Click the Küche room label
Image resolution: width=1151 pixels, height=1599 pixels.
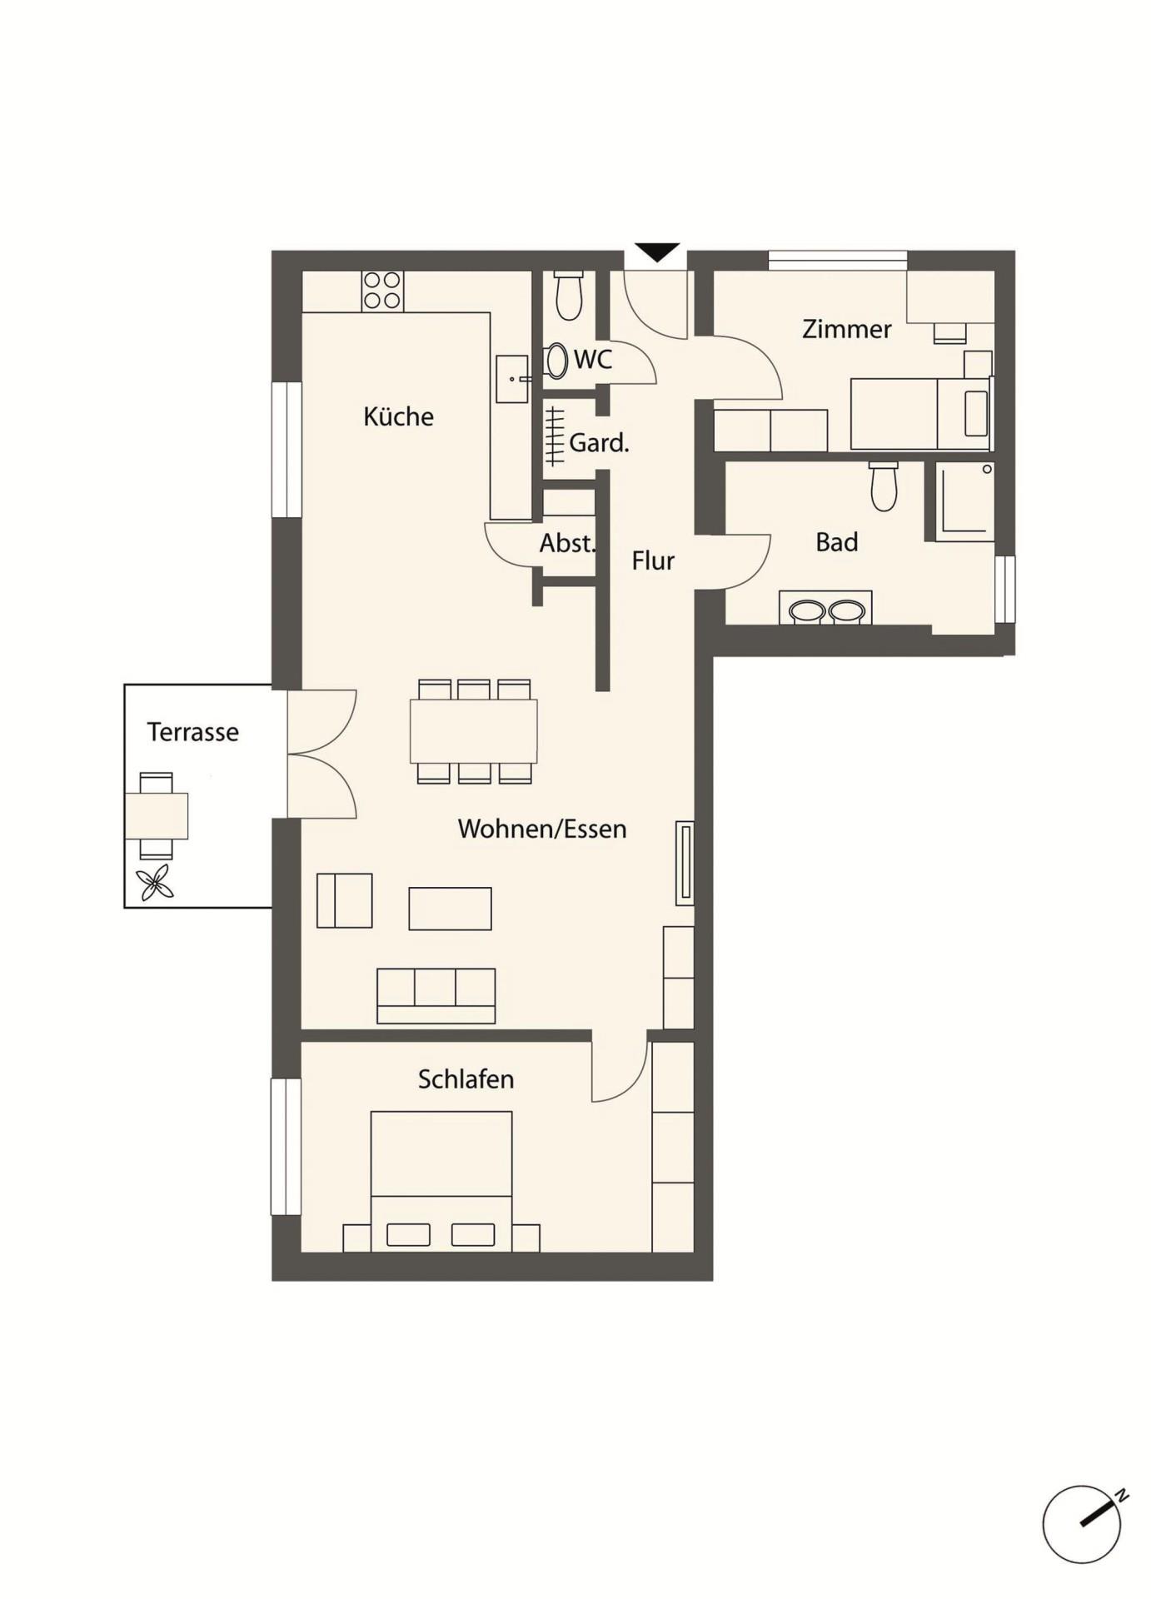pyautogui.click(x=398, y=416)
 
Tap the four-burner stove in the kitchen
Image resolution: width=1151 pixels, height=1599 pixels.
pyautogui.click(x=382, y=291)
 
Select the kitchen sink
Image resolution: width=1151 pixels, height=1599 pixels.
pyautogui.click(x=512, y=379)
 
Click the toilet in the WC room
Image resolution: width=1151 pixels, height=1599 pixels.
pyautogui.click(x=569, y=296)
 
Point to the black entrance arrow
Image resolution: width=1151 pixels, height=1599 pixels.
pyautogui.click(x=657, y=252)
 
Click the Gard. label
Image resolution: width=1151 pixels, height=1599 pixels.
pyautogui.click(x=599, y=443)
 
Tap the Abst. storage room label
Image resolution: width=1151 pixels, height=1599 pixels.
pyautogui.click(x=568, y=544)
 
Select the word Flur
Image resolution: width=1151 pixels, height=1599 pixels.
pyautogui.click(x=653, y=561)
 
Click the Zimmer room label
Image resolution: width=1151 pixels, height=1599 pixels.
pyautogui.click(x=847, y=329)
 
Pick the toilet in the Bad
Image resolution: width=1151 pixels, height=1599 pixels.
pyautogui.click(x=884, y=486)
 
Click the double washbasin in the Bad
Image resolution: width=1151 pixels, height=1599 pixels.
pyautogui.click(x=825, y=608)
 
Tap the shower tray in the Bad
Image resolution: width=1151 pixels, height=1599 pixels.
pyautogui.click(x=964, y=501)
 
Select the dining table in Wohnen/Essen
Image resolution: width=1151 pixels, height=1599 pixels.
pyautogui.click(x=473, y=731)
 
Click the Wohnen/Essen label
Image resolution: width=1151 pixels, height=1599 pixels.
pyautogui.click(x=542, y=829)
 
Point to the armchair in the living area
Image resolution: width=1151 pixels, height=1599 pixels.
pyautogui.click(x=345, y=900)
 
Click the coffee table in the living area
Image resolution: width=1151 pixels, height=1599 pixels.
pyautogui.click(x=450, y=909)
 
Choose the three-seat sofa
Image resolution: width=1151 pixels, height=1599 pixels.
pyautogui.click(x=436, y=996)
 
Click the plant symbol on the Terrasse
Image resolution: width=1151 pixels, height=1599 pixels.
pyautogui.click(x=155, y=883)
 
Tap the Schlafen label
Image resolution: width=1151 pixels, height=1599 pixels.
pyautogui.click(x=466, y=1079)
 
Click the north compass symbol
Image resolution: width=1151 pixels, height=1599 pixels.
pyautogui.click(x=1084, y=1524)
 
